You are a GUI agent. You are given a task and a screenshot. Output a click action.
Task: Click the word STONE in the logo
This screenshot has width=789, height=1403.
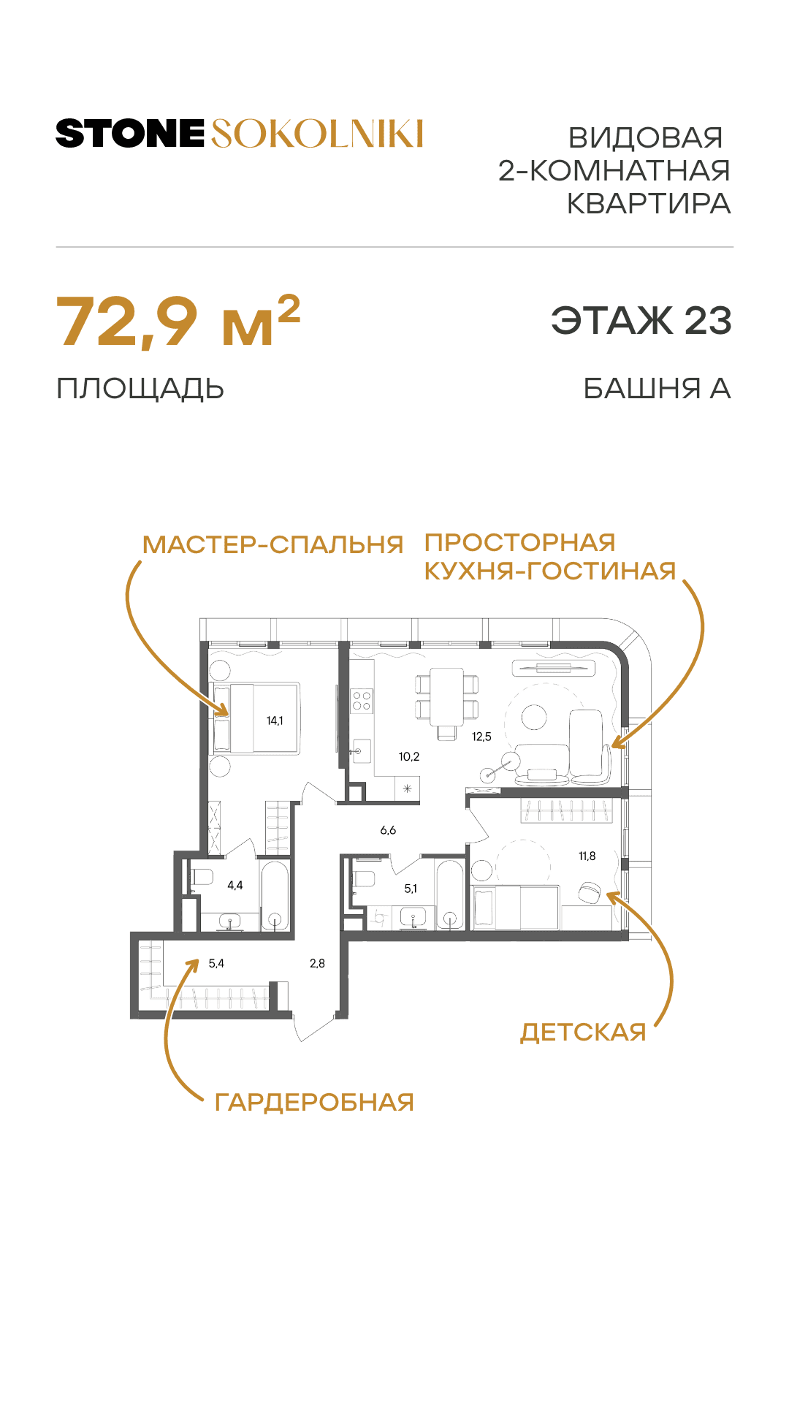[x=130, y=134]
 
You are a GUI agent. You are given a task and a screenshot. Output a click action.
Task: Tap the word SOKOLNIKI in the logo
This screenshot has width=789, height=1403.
[x=317, y=134]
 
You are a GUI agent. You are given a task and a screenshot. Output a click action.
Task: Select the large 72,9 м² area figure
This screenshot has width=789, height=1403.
[x=178, y=322]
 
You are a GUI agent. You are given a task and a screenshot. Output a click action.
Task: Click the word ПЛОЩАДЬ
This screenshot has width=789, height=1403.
[x=140, y=389]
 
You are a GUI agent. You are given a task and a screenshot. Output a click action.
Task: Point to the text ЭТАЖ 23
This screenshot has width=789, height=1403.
[x=641, y=321]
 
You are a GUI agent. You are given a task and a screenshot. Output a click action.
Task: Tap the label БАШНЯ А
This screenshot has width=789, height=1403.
[x=657, y=389]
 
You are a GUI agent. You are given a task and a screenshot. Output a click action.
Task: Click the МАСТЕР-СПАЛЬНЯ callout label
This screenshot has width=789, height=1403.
[x=272, y=545]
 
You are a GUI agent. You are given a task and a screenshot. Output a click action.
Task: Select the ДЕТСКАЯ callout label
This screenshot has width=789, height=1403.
[x=583, y=1033]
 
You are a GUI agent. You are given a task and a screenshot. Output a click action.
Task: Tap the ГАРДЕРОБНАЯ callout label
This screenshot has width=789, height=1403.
[x=314, y=1103]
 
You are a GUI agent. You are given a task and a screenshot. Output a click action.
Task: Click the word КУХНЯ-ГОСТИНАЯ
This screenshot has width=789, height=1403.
[x=550, y=571]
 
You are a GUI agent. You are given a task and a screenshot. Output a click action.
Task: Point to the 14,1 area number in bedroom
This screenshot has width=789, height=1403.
[x=275, y=721]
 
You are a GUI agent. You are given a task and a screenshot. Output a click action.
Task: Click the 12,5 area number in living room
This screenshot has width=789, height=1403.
[x=481, y=737]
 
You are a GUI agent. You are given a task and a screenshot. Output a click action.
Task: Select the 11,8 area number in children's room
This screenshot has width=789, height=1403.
[x=587, y=856]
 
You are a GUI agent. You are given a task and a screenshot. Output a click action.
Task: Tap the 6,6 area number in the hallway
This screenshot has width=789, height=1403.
[x=388, y=831]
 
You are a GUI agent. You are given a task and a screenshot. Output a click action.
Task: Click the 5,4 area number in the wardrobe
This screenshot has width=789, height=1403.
[x=216, y=964]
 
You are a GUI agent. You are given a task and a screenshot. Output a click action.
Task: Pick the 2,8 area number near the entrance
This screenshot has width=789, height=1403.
[x=317, y=964]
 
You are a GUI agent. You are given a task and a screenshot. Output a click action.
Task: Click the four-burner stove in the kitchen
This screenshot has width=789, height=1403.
[x=362, y=701]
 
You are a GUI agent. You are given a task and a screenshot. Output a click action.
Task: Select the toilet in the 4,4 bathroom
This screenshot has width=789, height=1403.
[x=201, y=877]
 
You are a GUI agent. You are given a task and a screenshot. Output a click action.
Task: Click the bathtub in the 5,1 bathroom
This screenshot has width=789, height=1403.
[x=450, y=895]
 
